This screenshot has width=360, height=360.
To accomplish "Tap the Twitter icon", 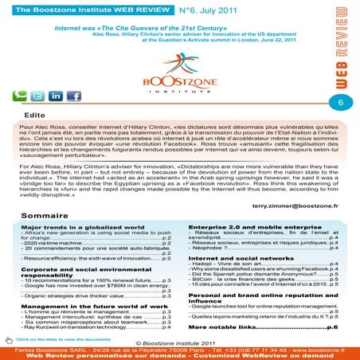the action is click(x=37, y=96).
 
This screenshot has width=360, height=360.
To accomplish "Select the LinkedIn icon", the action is click(x=56, y=96).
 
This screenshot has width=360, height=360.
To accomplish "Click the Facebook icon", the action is click(x=73, y=96).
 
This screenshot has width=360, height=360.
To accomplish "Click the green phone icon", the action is click(x=19, y=96).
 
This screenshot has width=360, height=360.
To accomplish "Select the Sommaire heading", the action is click(x=44, y=216).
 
